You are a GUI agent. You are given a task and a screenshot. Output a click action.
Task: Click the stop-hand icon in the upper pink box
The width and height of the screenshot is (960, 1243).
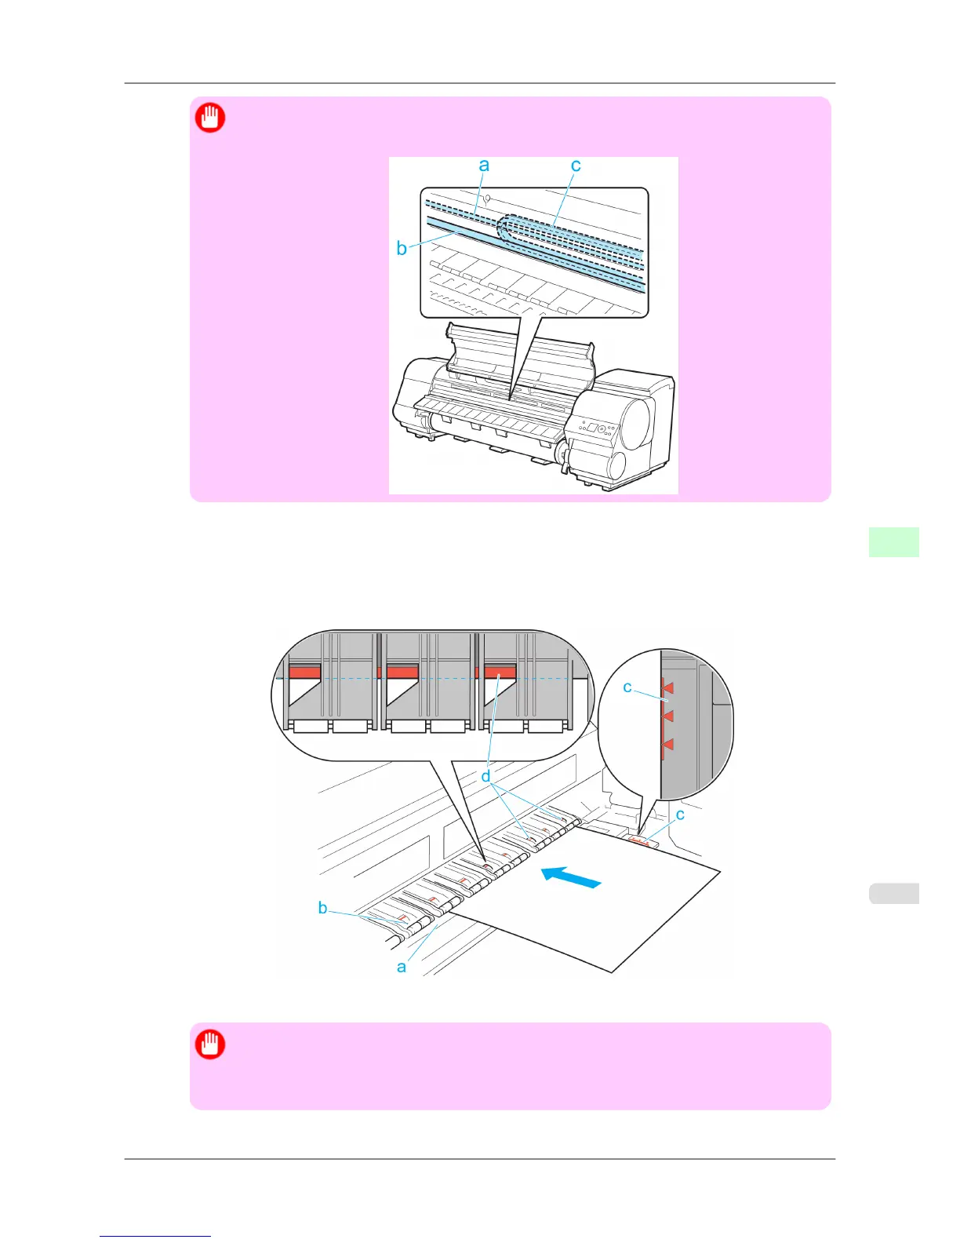[x=210, y=118]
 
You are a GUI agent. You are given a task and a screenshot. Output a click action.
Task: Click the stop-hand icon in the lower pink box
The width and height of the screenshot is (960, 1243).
[x=210, y=1044]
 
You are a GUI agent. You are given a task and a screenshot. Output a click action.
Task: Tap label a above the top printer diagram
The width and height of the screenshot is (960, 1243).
[x=484, y=165]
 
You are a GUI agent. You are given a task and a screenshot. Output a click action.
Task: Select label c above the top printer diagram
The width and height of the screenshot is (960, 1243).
[x=576, y=165]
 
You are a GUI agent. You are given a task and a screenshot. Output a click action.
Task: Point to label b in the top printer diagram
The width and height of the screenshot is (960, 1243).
[x=402, y=249]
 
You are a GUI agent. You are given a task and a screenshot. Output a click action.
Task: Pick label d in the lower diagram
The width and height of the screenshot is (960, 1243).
[x=486, y=776]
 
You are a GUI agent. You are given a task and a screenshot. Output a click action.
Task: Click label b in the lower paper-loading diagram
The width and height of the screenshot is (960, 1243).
[x=322, y=908]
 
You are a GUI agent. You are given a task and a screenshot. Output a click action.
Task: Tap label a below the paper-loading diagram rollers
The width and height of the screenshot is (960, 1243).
[x=402, y=967]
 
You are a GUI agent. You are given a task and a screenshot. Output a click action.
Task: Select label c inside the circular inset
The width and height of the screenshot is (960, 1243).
[x=627, y=687]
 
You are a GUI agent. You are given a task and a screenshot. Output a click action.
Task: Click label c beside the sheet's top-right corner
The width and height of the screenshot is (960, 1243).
[x=680, y=815]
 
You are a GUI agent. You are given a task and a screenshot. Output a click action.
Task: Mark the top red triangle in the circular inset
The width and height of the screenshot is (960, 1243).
[x=667, y=688]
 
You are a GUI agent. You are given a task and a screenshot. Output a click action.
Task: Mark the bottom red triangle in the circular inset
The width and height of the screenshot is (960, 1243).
[x=667, y=745]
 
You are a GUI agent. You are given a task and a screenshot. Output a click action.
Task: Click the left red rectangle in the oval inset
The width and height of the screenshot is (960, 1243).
[x=304, y=672]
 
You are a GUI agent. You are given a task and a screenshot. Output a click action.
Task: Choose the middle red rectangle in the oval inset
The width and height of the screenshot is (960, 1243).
[x=402, y=672]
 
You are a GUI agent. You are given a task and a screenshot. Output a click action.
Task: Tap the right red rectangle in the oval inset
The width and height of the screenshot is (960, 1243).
[x=500, y=672]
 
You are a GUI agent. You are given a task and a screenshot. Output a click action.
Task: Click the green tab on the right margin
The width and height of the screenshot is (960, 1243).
[x=893, y=542]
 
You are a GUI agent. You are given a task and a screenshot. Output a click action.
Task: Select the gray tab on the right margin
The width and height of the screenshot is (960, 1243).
[x=893, y=893]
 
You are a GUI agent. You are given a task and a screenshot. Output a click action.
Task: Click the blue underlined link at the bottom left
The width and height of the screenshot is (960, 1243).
[x=155, y=1236]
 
